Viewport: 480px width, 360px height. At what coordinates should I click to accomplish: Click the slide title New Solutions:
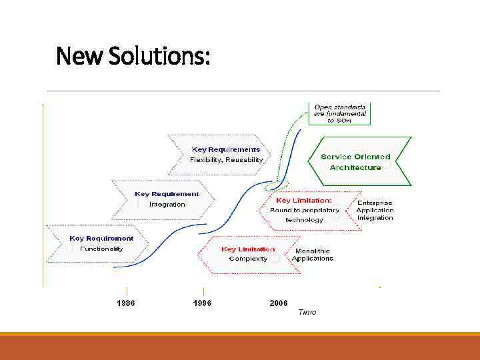pyautogui.click(x=133, y=56)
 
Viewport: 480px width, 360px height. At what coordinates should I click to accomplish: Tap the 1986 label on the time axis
pyautogui.click(x=126, y=303)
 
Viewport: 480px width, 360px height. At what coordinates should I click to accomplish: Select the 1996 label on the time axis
pyautogui.click(x=202, y=303)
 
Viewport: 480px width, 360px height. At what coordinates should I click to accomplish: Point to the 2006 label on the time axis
pyautogui.click(x=279, y=303)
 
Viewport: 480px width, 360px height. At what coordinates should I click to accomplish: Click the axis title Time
pyautogui.click(x=307, y=312)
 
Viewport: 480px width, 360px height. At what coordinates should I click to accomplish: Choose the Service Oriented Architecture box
pyautogui.click(x=355, y=162)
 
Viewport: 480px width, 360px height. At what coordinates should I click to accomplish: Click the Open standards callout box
pyautogui.click(x=340, y=113)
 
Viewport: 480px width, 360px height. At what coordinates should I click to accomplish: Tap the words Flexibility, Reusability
pyautogui.click(x=226, y=160)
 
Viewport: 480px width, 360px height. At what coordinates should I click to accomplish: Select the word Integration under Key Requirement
pyautogui.click(x=167, y=205)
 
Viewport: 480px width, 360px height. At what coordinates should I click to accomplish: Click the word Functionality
pyautogui.click(x=101, y=249)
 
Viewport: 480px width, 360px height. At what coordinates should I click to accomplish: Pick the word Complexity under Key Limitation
pyautogui.click(x=248, y=259)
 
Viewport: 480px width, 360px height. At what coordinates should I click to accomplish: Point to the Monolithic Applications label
pyautogui.click(x=313, y=255)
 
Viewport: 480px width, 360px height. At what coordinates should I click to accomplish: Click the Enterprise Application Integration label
pyautogui.click(x=375, y=210)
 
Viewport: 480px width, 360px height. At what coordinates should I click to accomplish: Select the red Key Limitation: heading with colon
pyautogui.click(x=303, y=200)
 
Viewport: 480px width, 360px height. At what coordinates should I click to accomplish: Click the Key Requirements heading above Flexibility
pyautogui.click(x=226, y=150)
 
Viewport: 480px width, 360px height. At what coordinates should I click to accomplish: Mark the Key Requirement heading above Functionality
pyautogui.click(x=101, y=238)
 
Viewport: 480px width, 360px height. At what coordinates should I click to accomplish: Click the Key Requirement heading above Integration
pyautogui.click(x=167, y=195)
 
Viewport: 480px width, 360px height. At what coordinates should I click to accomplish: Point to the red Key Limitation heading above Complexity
pyautogui.click(x=248, y=249)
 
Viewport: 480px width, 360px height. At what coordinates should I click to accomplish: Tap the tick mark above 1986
pyautogui.click(x=126, y=291)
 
